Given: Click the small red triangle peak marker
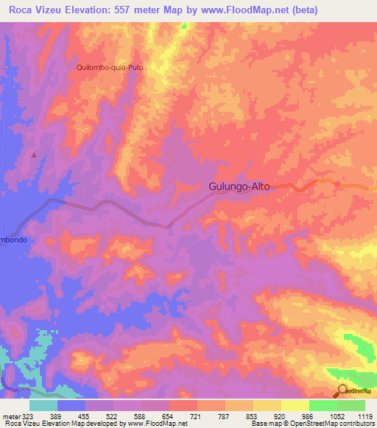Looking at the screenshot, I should (33, 154).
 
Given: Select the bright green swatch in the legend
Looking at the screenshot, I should (323, 405).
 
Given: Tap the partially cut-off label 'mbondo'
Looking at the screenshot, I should (13, 240).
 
